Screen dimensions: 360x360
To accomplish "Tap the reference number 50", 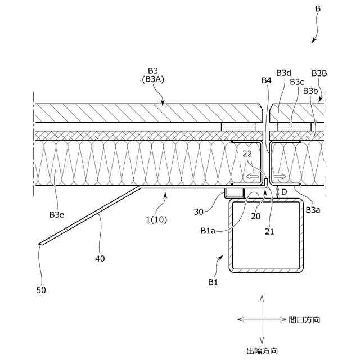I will pyautogui.click(x=40, y=290).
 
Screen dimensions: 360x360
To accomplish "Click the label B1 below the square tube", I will pyautogui.click(x=212, y=282).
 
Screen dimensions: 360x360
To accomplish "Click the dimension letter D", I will pyautogui.click(x=284, y=192).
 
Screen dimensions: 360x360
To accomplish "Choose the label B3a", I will pyautogui.click(x=313, y=209).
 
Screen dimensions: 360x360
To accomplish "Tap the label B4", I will pyautogui.click(x=266, y=81).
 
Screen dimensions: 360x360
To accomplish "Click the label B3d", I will pyautogui.click(x=283, y=73).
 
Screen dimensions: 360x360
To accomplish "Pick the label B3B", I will pyautogui.click(x=319, y=73).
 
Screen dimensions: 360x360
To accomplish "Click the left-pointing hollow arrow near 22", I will pyautogui.click(x=253, y=178).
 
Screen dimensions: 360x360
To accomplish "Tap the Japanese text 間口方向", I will pyautogui.click(x=305, y=319).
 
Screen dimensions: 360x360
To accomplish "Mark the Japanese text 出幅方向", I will pyautogui.click(x=262, y=351).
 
